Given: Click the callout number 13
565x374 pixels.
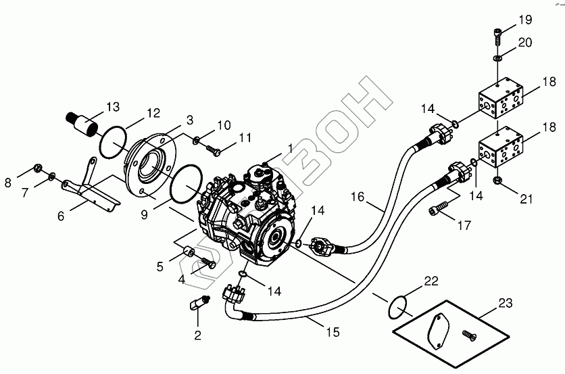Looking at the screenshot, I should point(112,107).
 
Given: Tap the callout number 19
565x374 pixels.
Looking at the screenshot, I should point(525,19).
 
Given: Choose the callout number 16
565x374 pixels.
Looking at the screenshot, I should point(358,197).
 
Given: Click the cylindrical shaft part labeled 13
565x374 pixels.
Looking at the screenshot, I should point(84,126).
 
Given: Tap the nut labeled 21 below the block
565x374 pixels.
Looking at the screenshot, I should point(497,180).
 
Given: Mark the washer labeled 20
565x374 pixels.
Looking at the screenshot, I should point(497,59).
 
